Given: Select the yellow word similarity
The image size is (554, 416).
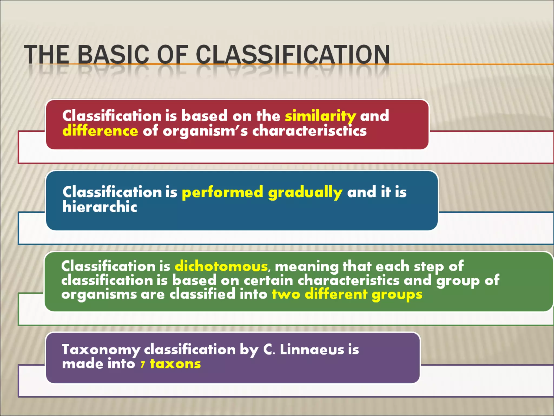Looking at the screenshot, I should pos(320,116).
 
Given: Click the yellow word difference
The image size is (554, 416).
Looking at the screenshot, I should pos(100,131).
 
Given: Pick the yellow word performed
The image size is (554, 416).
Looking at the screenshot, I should pos(222,192).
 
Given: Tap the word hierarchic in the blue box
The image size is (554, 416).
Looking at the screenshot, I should pos(100,207).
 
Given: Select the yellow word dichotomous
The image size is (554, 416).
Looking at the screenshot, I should pos(221,266).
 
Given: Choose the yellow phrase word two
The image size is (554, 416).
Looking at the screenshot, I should pos(286,294).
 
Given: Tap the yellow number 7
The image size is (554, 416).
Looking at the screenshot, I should pos(143,365).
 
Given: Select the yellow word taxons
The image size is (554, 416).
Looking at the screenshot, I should pos(175,364).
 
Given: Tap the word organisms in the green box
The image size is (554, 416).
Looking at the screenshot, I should pos(99,295).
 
